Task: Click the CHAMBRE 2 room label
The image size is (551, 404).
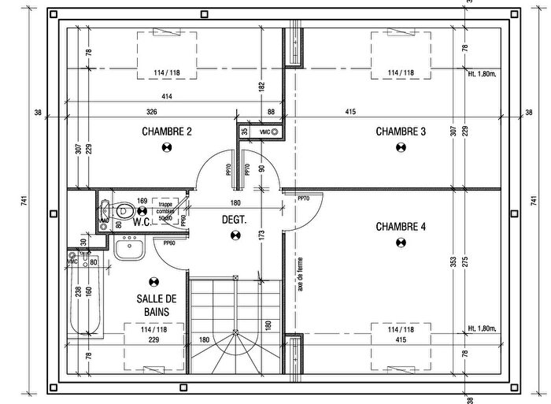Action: [x=166, y=132]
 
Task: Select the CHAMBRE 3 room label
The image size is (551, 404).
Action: [x=401, y=132]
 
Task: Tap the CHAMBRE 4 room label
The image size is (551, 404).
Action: [x=401, y=227]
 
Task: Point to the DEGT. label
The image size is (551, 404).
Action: [x=233, y=221]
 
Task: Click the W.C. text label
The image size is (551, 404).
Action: [x=142, y=222]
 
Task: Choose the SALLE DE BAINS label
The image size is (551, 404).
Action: [x=155, y=306]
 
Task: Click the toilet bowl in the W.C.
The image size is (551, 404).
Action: [x=123, y=211]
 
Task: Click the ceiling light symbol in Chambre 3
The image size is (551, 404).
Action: [x=401, y=147]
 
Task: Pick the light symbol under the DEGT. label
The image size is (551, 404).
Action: [x=233, y=235]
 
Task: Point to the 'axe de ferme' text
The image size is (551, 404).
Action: [x=301, y=276]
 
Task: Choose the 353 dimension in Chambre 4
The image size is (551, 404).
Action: [x=452, y=262]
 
